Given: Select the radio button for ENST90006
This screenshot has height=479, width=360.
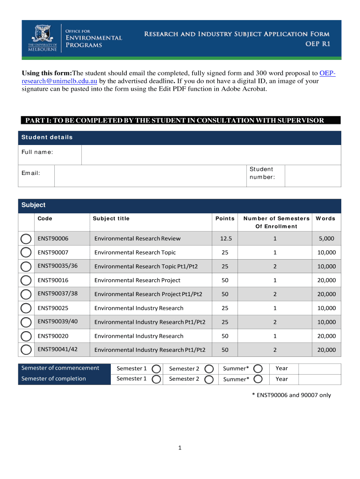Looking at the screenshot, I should (x=26, y=239).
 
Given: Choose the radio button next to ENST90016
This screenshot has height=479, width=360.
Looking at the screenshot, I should (x=26, y=281).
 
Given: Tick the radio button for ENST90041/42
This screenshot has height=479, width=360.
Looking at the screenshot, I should (x=26, y=350).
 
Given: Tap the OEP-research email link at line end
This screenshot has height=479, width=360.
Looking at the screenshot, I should (x=327, y=73).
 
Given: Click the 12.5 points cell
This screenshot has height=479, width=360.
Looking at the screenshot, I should (x=226, y=239).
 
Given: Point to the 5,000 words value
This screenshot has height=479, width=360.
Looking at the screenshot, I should (x=326, y=239).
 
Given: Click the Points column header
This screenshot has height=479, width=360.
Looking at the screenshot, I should (x=225, y=218).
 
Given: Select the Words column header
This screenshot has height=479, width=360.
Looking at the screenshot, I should (x=325, y=218).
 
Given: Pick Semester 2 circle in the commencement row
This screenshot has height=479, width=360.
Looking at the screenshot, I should (x=209, y=369).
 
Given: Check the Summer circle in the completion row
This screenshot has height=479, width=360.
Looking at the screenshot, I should (x=258, y=379).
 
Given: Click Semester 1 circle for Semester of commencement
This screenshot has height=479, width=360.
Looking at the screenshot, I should (x=157, y=369).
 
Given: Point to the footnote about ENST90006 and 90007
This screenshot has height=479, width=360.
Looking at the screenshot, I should (x=291, y=395).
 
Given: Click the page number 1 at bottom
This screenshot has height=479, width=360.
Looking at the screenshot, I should (x=180, y=448).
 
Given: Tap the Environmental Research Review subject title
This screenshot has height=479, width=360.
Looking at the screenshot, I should (x=137, y=239).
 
